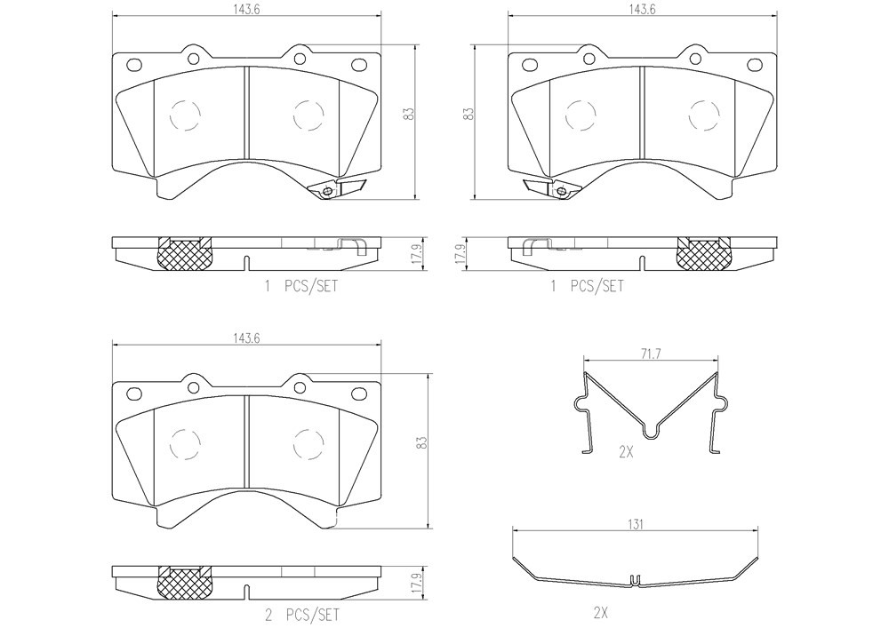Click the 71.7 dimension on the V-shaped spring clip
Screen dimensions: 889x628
coord(651,354)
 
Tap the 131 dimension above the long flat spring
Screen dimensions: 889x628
coord(635,525)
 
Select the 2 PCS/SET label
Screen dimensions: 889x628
coord(302,615)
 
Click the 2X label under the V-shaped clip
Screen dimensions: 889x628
coord(625,452)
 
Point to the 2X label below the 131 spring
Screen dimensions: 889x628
coord(600,612)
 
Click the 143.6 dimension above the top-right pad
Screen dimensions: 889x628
coord(642,10)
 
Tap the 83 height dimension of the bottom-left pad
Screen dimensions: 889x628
coord(420,443)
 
